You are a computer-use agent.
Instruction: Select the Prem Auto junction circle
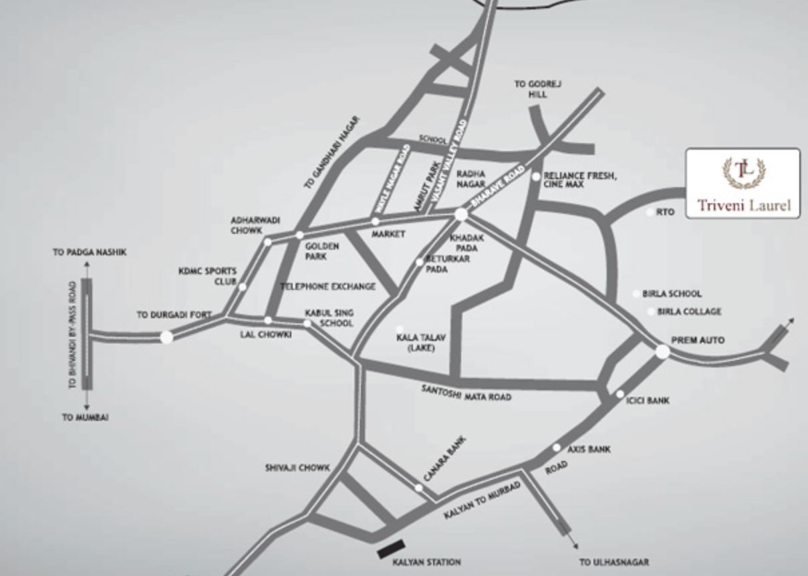click(x=662, y=351)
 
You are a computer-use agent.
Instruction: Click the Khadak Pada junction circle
click(x=460, y=214)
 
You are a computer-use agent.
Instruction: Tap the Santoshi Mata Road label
click(x=466, y=393)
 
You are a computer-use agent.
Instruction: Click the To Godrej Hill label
click(x=537, y=89)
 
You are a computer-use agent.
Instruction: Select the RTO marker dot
click(x=651, y=212)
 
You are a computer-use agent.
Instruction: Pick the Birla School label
click(x=672, y=293)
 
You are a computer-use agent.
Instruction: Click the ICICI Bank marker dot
click(x=620, y=394)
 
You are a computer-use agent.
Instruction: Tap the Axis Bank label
click(x=589, y=450)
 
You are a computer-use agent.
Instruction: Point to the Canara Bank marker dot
click(x=418, y=488)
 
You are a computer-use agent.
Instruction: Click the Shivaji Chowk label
click(x=297, y=468)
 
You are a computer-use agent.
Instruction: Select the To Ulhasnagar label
click(x=614, y=562)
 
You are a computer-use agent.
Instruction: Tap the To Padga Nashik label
click(x=90, y=253)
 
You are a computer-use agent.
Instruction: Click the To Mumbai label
click(x=85, y=417)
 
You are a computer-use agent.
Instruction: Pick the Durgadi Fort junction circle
click(x=166, y=337)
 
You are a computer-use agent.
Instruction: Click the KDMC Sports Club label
click(x=207, y=276)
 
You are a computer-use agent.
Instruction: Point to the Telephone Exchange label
click(x=327, y=287)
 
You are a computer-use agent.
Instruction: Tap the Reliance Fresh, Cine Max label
click(x=579, y=180)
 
